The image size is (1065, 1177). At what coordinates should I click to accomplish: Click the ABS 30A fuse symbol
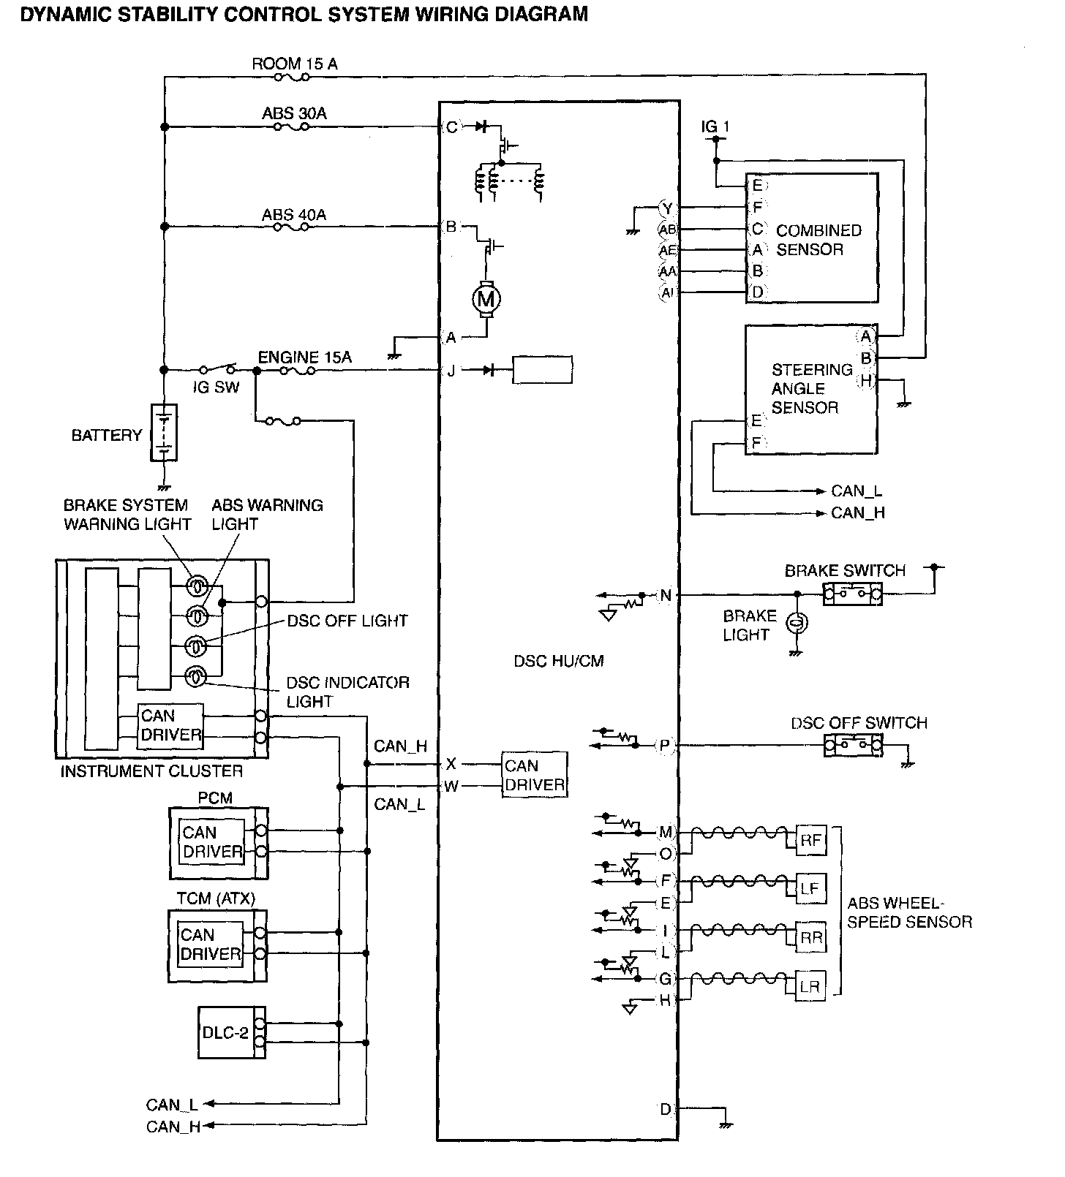click(x=291, y=127)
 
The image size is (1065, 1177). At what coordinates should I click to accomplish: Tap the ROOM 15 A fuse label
click(x=295, y=64)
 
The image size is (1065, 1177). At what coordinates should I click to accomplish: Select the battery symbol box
click(x=164, y=432)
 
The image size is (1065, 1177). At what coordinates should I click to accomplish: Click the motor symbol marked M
click(x=486, y=298)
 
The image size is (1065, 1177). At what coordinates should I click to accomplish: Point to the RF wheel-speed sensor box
click(x=810, y=840)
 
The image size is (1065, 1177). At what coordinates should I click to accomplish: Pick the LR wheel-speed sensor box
click(x=810, y=986)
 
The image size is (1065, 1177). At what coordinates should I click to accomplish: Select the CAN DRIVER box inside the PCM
click(x=212, y=842)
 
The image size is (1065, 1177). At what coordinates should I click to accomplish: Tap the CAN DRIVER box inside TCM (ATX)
click(x=211, y=945)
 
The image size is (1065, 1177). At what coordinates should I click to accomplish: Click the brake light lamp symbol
click(x=796, y=624)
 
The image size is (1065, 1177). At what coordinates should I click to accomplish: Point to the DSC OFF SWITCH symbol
click(x=853, y=746)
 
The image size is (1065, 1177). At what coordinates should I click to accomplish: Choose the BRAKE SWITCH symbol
click(x=853, y=594)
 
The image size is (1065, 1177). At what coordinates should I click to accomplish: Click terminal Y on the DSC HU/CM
click(x=667, y=208)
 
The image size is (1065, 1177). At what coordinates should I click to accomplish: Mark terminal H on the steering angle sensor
click(x=866, y=380)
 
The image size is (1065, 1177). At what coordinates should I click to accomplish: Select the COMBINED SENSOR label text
click(x=819, y=240)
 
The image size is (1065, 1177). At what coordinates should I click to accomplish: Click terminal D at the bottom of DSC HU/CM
click(x=666, y=1110)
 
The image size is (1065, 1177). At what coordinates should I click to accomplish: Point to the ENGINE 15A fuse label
click(x=305, y=357)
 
